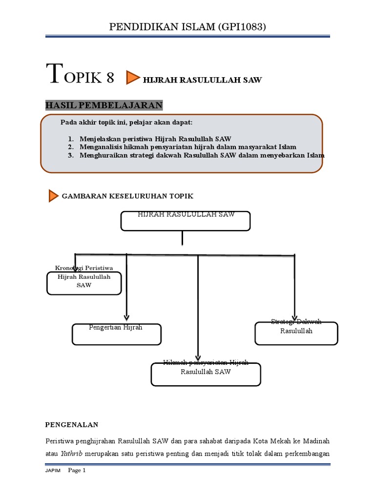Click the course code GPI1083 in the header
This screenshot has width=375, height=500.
[x=241, y=27]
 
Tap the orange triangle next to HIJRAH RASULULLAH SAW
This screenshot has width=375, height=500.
[x=133, y=78]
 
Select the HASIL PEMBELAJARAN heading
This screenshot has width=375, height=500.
[x=104, y=105]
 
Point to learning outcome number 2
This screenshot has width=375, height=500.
[x=70, y=147]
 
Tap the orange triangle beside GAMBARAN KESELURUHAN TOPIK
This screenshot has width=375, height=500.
[x=54, y=196]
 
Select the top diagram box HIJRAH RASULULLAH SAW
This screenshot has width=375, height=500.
[x=186, y=221]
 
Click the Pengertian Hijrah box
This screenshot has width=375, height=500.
[x=117, y=334]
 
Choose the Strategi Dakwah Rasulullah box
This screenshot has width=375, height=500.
[x=296, y=333]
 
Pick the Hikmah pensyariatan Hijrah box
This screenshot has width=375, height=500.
[x=206, y=374]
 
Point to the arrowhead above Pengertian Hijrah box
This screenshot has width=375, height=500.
[x=126, y=316]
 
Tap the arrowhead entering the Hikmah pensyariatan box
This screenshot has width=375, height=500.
[x=198, y=358]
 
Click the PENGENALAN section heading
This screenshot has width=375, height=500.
[x=72, y=424]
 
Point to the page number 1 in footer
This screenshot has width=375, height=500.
[x=84, y=471]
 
